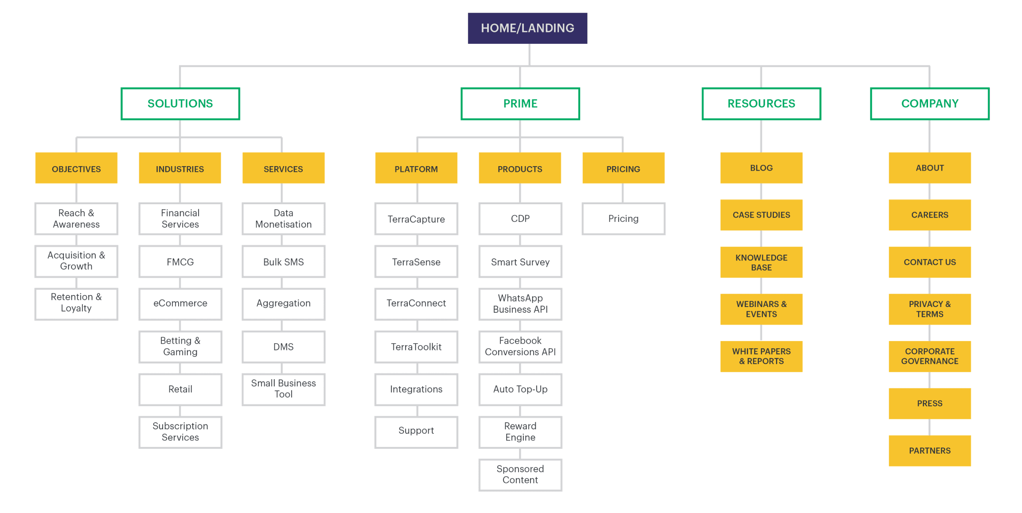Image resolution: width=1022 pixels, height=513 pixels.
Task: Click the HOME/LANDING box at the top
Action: [527, 28]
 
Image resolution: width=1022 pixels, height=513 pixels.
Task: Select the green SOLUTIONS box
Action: [180, 104]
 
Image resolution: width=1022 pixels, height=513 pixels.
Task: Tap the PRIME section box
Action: [520, 104]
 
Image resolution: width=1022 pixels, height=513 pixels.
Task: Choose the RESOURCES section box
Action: [761, 104]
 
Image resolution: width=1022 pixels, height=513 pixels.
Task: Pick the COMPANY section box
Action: [930, 104]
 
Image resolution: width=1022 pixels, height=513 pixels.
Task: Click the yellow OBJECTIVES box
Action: [76, 168]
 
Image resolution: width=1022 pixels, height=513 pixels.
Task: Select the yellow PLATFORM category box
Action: [416, 168]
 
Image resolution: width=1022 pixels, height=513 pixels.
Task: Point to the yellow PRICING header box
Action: [624, 168]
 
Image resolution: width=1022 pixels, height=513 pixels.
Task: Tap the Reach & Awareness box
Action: [76, 219]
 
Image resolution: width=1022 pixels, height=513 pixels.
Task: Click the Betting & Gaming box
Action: [180, 347]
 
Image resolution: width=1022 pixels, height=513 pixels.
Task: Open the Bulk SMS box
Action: [284, 262]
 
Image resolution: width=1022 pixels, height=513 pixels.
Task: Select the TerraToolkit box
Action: [416, 347]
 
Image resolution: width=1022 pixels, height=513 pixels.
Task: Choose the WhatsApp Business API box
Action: [520, 304]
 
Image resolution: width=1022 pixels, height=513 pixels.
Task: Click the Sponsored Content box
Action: [520, 475]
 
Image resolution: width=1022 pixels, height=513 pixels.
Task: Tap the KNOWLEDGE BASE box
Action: [761, 262]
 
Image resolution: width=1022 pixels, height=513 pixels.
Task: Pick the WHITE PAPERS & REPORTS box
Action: [761, 356]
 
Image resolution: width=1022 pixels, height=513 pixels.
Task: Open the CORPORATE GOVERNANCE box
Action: [930, 356]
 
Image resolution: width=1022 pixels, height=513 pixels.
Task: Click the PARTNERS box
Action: [930, 451]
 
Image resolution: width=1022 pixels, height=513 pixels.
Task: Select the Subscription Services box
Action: [180, 432]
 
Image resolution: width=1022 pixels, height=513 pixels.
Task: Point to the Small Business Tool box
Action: [284, 389]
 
